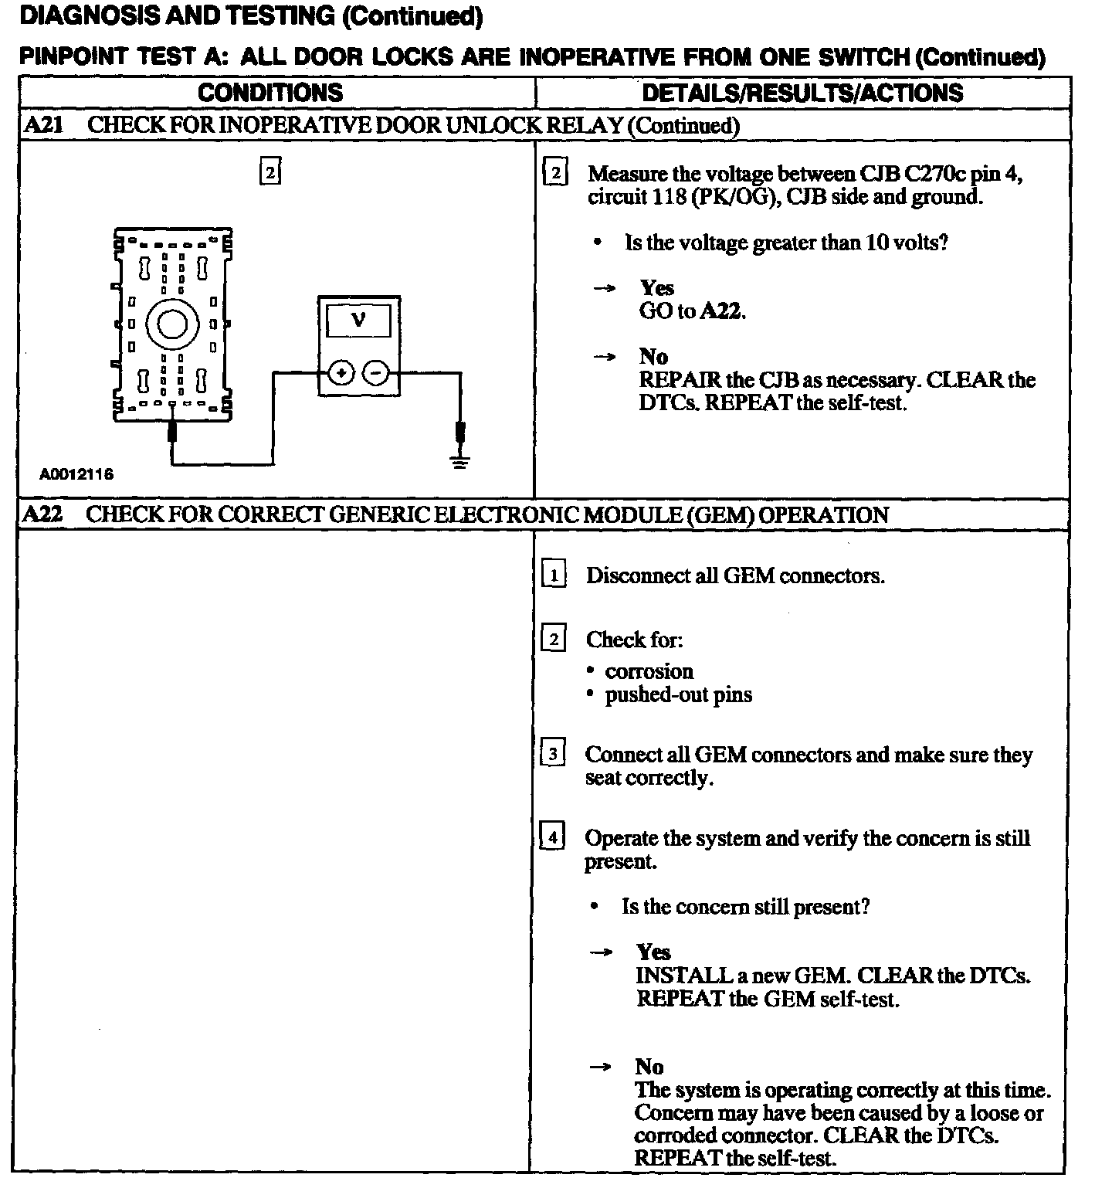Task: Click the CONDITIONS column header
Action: tap(270, 93)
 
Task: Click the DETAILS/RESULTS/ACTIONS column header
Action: tap(802, 93)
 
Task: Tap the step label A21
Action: tap(43, 125)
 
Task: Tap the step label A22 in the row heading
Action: tap(43, 514)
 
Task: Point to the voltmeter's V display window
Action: tap(359, 320)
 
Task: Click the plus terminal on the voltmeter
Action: tap(341, 374)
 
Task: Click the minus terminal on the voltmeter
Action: tap(376, 374)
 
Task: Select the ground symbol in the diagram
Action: tap(460, 462)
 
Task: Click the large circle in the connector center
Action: tap(171, 324)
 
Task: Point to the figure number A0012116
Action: tap(76, 474)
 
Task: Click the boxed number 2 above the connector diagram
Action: tap(270, 171)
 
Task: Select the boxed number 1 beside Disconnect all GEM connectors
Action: tap(554, 575)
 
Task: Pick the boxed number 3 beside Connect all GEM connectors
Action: tap(554, 754)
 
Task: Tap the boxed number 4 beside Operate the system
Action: tap(554, 837)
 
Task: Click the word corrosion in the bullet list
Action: tap(649, 671)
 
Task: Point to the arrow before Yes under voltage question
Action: tap(604, 289)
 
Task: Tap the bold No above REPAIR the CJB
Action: tap(653, 357)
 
